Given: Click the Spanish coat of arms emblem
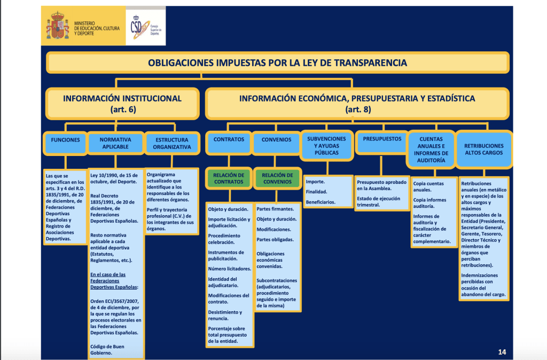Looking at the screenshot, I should coord(58,26).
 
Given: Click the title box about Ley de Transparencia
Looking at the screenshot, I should coord(277,63).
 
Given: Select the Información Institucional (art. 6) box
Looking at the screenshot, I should coord(122,104).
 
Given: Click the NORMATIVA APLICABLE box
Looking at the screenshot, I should coord(115,143).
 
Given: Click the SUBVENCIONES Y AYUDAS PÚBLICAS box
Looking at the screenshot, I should coord(326,145).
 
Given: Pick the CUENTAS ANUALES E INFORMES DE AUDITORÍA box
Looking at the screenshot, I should coord(431,149).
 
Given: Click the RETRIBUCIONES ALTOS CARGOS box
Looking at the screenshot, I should coord(483,149).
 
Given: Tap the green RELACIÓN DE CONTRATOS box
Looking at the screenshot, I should coord(229,178).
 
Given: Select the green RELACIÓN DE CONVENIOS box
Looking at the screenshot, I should coord(277,178).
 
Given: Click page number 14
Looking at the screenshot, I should coord(502,351).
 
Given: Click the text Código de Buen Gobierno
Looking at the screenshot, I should coord(108,349).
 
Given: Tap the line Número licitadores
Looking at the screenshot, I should coord(229,269).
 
